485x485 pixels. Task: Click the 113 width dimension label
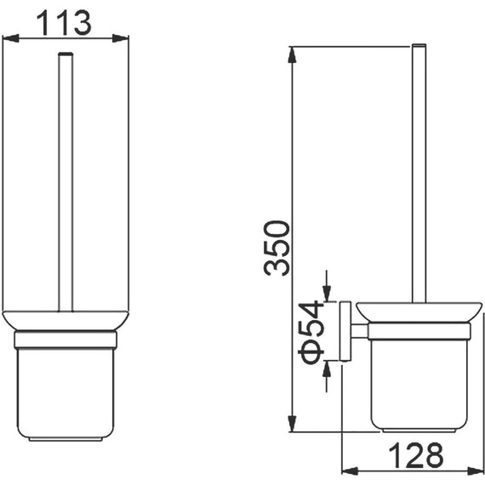click(64, 23)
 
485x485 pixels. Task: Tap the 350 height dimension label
click(277, 248)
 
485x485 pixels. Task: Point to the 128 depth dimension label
click(415, 454)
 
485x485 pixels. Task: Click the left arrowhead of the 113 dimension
click(10, 38)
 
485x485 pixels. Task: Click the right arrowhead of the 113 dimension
click(120, 38)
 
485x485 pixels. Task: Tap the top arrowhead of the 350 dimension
click(292, 55)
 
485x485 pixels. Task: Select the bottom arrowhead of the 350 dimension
click(292, 424)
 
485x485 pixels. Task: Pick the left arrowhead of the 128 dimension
click(350, 471)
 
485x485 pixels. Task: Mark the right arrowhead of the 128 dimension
click(476, 471)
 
